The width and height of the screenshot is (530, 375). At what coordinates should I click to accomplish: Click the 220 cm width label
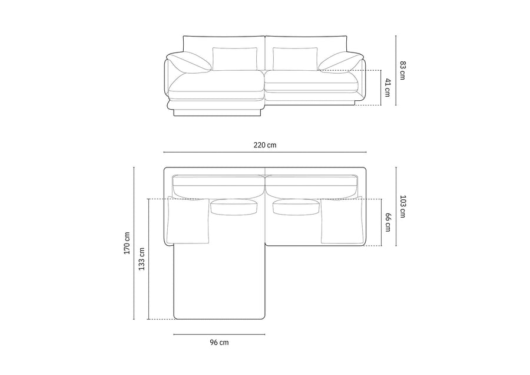tap(264, 145)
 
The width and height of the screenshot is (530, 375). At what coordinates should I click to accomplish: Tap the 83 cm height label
tap(402, 70)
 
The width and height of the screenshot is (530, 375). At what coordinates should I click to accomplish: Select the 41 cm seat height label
tap(387, 87)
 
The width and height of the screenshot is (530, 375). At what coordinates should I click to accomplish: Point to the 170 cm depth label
tap(127, 243)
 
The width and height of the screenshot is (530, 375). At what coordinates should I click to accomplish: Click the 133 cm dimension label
tap(141, 259)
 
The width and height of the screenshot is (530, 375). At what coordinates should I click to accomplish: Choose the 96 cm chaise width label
tap(219, 342)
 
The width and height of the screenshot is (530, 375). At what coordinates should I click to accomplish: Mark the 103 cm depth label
tap(402, 206)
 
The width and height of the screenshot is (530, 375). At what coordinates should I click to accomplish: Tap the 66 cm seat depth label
tap(387, 222)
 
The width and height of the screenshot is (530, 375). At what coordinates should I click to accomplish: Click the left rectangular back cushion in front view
tap(234, 59)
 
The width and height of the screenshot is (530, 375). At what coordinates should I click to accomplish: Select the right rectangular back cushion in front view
tap(295, 59)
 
